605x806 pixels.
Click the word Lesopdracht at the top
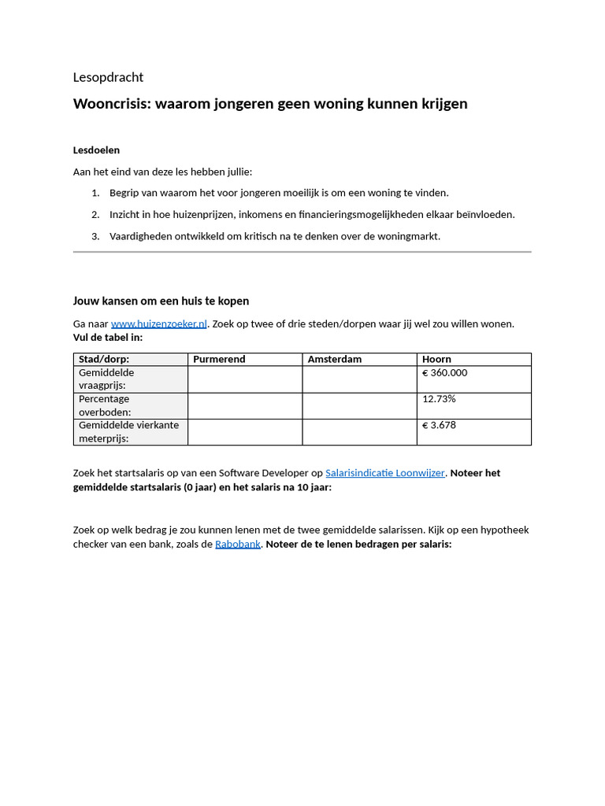pyautogui.click(x=108, y=77)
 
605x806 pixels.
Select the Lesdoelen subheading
pyautogui.click(x=96, y=150)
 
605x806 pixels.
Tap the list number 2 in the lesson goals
pyautogui.click(x=95, y=214)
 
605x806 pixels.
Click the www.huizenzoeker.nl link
pyautogui.click(x=158, y=324)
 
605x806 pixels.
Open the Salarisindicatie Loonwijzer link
pyautogui.click(x=384, y=473)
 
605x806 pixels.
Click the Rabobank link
pyautogui.click(x=237, y=544)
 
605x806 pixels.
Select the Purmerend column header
pyautogui.click(x=219, y=359)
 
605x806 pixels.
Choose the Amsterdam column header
pyautogui.click(x=334, y=359)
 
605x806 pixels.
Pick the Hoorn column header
pyautogui.click(x=436, y=359)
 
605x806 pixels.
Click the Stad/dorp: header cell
pyautogui.click(x=104, y=359)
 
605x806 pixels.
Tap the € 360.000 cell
pyautogui.click(x=444, y=372)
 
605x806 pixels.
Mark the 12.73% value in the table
pyautogui.click(x=439, y=399)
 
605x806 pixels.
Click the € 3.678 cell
pyautogui.click(x=439, y=425)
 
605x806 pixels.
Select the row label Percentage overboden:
pyautogui.click(x=105, y=405)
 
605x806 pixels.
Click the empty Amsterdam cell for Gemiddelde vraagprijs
pyautogui.click(x=359, y=379)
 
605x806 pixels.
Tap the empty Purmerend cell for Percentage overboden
pyautogui.click(x=244, y=405)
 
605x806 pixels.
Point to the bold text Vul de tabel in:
pyautogui.click(x=108, y=337)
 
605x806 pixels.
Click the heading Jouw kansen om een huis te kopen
pyautogui.click(x=161, y=301)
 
